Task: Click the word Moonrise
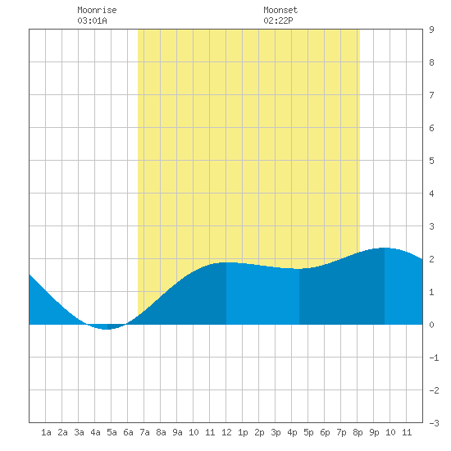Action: coord(97,10)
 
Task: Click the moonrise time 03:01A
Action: coord(92,20)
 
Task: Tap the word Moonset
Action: coord(280,10)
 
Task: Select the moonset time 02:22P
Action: coord(278,20)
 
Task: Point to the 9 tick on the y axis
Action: coord(431,30)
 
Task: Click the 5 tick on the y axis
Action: coord(431,161)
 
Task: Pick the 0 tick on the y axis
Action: coord(431,325)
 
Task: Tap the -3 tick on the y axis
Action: coord(434,423)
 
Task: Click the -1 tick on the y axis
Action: coord(434,358)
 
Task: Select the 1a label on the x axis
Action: coord(46,432)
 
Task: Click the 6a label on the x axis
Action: coord(128,432)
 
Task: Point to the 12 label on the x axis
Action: coord(226,432)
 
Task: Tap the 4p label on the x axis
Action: coord(292,432)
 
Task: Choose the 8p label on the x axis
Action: coord(358,432)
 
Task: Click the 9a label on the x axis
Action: coord(177,432)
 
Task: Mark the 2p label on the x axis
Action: coord(259,432)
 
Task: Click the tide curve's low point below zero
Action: coord(107,329)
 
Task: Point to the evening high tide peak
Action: coord(385,248)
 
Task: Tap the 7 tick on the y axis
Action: coord(431,95)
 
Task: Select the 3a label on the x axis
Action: coord(79,432)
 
